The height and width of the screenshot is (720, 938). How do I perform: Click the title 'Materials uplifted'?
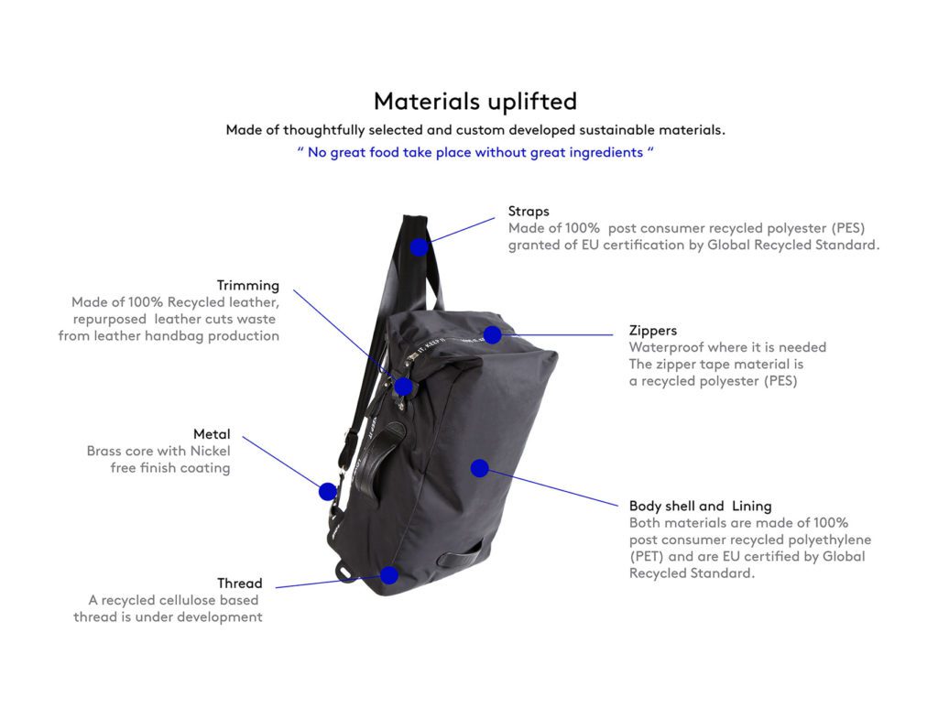(475, 102)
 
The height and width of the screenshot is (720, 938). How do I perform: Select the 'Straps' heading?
(529, 211)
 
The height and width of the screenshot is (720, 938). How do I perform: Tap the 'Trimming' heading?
(247, 285)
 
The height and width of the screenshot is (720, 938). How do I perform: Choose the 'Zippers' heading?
(652, 331)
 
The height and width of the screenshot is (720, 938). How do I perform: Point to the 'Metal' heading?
(212, 433)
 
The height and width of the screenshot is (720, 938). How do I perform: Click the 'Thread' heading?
(239, 584)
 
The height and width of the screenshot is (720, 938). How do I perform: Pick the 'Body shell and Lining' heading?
(700, 506)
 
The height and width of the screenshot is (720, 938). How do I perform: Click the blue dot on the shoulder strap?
(420, 246)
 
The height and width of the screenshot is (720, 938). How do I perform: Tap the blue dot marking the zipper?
(492, 335)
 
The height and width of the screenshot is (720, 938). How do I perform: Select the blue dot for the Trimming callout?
(404, 387)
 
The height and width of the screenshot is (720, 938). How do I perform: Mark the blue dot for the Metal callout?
(327, 492)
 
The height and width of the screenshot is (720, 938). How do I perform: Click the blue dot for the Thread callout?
(389, 575)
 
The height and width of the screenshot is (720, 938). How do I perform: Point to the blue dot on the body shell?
(479, 468)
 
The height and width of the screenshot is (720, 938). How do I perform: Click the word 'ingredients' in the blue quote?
(605, 153)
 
